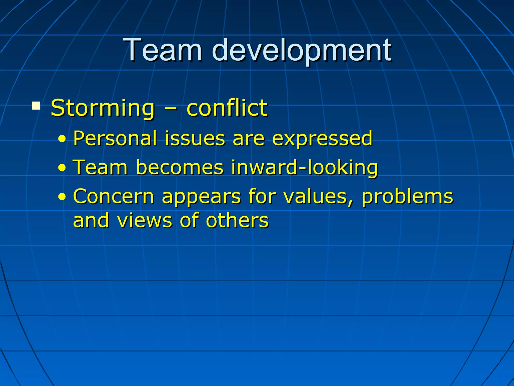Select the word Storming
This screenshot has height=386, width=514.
click(102, 109)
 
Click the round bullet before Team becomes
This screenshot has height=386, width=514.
click(62, 168)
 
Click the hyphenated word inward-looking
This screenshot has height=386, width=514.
click(304, 168)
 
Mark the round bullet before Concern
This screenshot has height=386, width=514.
click(62, 197)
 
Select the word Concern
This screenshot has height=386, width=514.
click(113, 196)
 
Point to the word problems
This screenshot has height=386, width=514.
click(407, 197)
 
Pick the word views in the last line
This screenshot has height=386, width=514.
click(145, 220)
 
